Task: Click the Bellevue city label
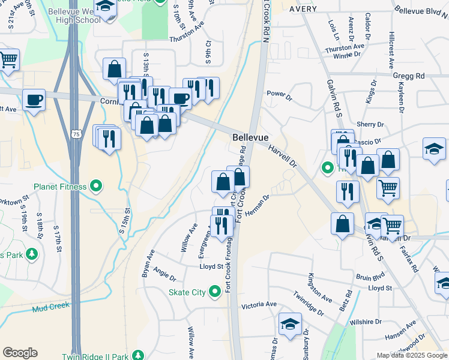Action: pyautogui.click(x=250, y=137)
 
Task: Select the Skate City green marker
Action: pyautogui.click(x=216, y=293)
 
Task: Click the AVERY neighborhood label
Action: pyautogui.click(x=303, y=10)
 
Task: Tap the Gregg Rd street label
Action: pyautogui.click(x=409, y=76)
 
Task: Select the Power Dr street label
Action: pyautogui.click(x=279, y=95)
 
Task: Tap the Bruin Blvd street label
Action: pyautogui.click(x=370, y=278)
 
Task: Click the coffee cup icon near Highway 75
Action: pyautogui.click(x=34, y=100)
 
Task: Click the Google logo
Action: pyautogui.click(x=20, y=352)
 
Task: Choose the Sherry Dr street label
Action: pyautogui.click(x=370, y=124)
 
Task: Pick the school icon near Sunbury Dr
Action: pyautogui.click(x=290, y=324)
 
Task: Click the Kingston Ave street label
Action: pyautogui.click(x=319, y=287)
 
